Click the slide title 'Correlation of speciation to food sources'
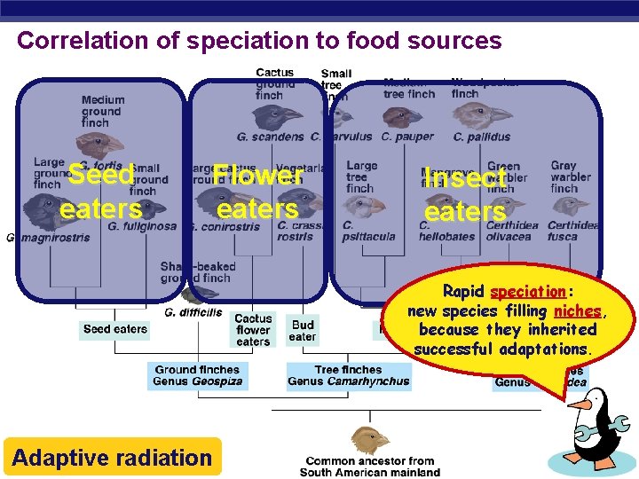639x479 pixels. click(x=259, y=41)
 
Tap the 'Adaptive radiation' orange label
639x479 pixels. click(x=112, y=458)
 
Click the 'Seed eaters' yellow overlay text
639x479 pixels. click(x=100, y=192)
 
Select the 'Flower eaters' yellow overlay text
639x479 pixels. click(x=257, y=192)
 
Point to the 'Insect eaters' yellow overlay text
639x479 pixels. click(x=464, y=194)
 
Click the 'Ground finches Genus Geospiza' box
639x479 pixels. click(x=197, y=376)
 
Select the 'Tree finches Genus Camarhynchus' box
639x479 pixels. click(x=349, y=376)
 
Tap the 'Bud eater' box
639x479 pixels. click(x=303, y=331)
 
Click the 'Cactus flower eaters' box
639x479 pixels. click(x=253, y=330)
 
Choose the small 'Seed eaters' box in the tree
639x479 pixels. click(x=115, y=329)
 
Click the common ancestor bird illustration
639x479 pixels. click(x=365, y=439)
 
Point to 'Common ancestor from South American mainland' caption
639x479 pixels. click(x=369, y=467)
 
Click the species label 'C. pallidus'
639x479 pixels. click(x=482, y=137)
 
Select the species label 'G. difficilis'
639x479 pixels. click(x=193, y=312)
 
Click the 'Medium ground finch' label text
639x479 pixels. click(x=102, y=112)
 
